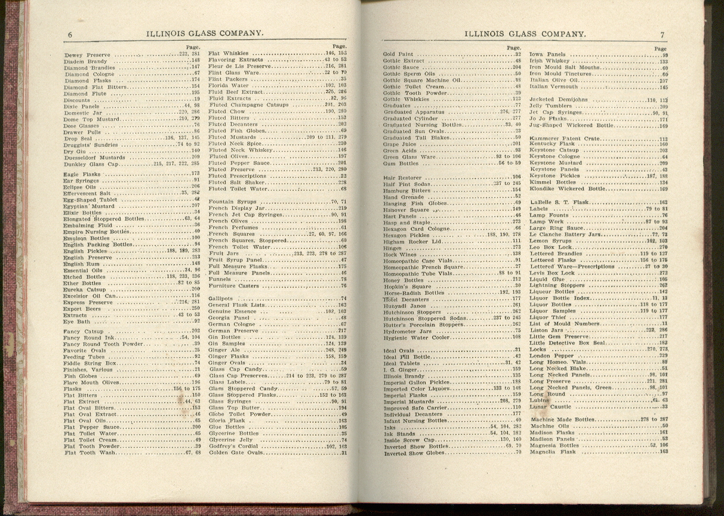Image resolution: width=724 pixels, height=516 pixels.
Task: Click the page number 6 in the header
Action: click(x=70, y=34)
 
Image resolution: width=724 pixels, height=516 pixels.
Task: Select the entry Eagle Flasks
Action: click(x=81, y=174)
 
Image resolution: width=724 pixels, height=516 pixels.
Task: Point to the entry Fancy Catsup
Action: click(x=83, y=331)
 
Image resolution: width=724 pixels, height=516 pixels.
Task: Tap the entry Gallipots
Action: click(x=221, y=298)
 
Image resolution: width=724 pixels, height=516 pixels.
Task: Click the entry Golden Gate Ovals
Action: click(x=236, y=453)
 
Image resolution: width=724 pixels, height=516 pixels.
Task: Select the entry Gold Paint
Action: click(x=398, y=54)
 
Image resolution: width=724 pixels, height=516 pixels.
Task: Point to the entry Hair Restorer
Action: click(x=402, y=177)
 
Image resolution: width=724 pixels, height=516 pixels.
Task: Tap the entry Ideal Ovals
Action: click(x=398, y=350)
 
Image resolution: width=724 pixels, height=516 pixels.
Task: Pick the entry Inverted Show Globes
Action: click(x=415, y=453)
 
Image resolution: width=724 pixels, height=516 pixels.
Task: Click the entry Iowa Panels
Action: click(x=547, y=54)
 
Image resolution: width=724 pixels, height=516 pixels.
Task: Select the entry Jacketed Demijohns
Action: click(x=558, y=100)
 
